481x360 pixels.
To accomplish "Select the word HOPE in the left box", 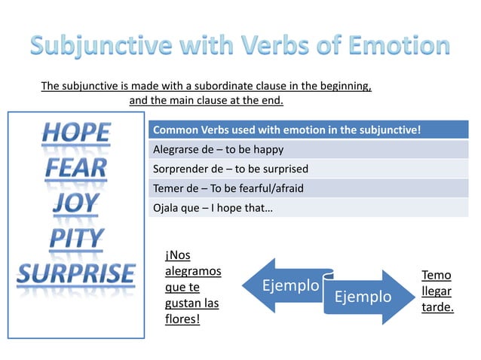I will pos(75,134).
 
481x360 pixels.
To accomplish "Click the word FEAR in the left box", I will pos(75,169).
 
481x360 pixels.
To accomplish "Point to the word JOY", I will pos(75,203).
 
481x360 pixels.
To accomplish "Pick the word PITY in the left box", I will pos(76,238).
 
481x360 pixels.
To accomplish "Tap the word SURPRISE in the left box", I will pos(76,273).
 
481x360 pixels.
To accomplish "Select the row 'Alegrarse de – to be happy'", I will pos(218,149).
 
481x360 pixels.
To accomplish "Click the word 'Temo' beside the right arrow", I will pos(437,276).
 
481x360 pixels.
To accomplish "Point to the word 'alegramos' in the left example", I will pos(192,271).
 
